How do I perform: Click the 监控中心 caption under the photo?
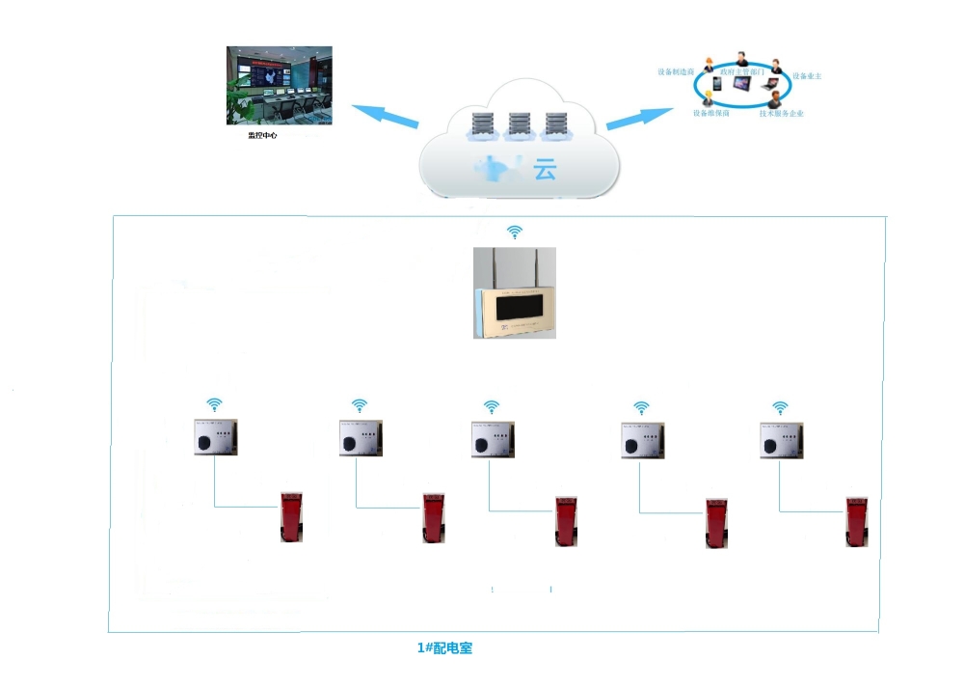262,136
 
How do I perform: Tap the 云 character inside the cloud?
546,171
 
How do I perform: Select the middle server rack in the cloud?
519,124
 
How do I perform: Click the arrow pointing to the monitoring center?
384,115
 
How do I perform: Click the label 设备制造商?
677,71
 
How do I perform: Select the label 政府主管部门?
743,71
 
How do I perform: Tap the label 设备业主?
807,75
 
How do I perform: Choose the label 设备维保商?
711,113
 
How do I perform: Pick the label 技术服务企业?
782,114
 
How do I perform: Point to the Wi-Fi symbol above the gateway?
516,232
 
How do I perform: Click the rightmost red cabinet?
857,522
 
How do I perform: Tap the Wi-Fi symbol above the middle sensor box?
492,406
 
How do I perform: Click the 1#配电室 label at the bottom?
444,648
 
